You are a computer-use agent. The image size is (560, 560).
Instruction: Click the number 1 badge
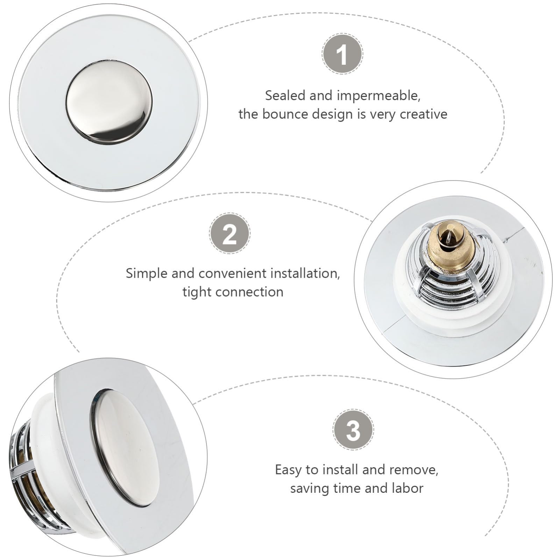pyautogui.click(x=342, y=54)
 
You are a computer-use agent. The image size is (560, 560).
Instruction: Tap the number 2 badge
pyautogui.click(x=230, y=233)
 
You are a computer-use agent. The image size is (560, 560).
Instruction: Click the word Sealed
pyautogui.click(x=285, y=95)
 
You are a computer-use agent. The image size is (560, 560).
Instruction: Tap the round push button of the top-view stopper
pyautogui.click(x=109, y=102)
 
